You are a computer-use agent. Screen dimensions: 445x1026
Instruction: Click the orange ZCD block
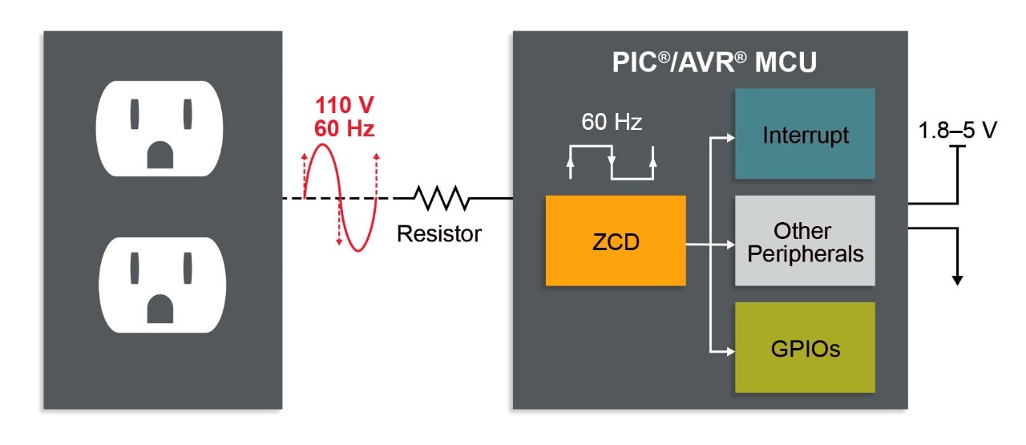coord(616,241)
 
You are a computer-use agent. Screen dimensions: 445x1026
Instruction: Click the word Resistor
coord(439,233)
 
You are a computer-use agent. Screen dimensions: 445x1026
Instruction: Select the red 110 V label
coord(344,105)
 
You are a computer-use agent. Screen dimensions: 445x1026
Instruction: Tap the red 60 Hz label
coord(344,127)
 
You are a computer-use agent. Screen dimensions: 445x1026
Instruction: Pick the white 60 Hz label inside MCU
coord(612,123)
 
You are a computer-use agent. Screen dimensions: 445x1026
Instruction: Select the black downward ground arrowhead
coord(957,279)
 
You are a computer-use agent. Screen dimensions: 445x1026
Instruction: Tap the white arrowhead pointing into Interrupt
coord(729,136)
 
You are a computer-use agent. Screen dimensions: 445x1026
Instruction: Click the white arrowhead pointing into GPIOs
coord(729,350)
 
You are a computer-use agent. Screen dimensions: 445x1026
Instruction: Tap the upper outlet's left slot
coord(134,114)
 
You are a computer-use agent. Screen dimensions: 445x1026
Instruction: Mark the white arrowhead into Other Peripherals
coord(729,243)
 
